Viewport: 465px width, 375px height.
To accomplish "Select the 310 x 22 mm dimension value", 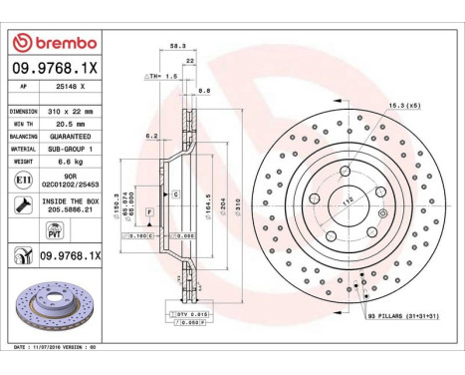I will [72, 112].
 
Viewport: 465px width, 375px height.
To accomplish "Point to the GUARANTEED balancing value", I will [72, 135].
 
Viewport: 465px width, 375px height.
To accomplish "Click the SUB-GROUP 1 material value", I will [73, 147].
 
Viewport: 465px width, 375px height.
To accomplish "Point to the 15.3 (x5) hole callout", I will [403, 105].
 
